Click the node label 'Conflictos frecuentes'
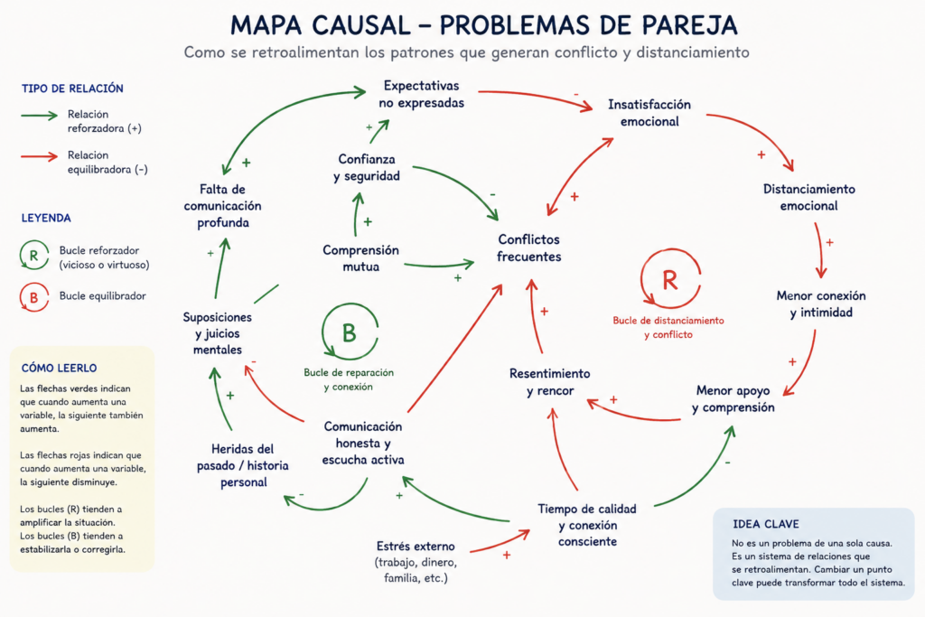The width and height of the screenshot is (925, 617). coord(528,248)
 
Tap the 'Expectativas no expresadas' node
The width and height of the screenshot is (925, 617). coord(421,94)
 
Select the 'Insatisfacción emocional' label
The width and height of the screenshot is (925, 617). coord(649,113)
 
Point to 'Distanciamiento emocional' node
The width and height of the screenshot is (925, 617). coord(808,197)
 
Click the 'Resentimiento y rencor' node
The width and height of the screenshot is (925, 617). coord(550,381)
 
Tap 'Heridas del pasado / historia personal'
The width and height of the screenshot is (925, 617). coord(242,465)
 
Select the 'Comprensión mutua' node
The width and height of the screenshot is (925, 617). coord(360,257)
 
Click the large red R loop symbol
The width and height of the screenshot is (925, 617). coord(670,279)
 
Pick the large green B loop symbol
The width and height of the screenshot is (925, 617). coord(350,332)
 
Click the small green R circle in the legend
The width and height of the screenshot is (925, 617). coord(33,256)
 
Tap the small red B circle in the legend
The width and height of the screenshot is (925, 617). coord(33,297)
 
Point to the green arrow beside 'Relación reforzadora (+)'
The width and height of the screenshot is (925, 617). coord(39,116)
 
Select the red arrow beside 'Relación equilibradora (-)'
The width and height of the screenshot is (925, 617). coord(39,156)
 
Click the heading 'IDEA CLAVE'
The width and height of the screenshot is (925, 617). coord(766,524)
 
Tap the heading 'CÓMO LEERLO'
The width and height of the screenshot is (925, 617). coord(59,368)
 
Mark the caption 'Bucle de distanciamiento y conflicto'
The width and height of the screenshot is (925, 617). coord(668,327)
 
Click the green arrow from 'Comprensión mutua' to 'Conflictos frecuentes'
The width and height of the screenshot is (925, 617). coord(439,266)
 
